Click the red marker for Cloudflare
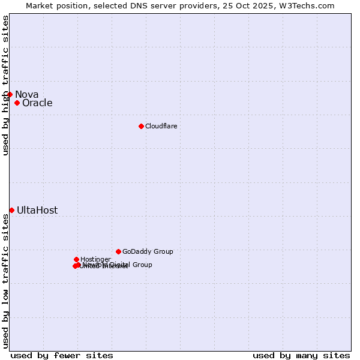click(141, 126)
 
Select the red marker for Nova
click(10, 94)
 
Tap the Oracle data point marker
click(17, 103)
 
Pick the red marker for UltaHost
click(11, 210)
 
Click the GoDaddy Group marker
click(118, 251)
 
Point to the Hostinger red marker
click(76, 259)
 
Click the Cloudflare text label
click(161, 126)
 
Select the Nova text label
click(26, 94)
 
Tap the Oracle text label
click(37, 103)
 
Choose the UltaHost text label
click(37, 210)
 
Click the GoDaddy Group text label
click(148, 251)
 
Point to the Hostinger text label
click(95, 259)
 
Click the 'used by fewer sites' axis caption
click(62, 355)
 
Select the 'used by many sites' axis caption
click(301, 355)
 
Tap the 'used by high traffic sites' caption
click(5, 85)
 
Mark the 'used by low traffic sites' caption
click(5, 281)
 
